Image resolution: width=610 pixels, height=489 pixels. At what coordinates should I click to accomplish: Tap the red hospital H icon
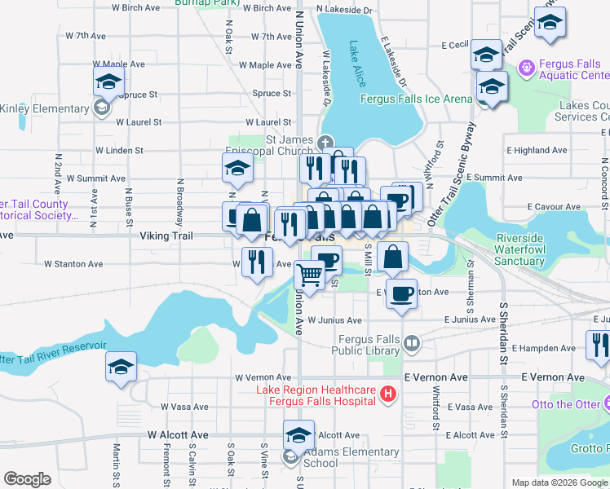(x=388, y=395)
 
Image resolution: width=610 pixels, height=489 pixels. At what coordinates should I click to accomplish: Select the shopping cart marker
(x=308, y=275)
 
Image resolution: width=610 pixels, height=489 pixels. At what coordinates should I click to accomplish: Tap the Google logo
(x=28, y=479)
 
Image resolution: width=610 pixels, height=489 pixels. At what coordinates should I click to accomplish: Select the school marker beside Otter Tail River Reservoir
(x=121, y=367)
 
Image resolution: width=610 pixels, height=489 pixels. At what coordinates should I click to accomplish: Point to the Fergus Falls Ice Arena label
(x=416, y=99)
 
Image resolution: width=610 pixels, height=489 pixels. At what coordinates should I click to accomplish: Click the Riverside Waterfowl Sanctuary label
(x=519, y=249)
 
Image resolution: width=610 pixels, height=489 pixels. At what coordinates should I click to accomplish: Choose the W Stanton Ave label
(x=73, y=264)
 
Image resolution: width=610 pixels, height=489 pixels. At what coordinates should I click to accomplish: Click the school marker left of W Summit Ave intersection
(x=237, y=168)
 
